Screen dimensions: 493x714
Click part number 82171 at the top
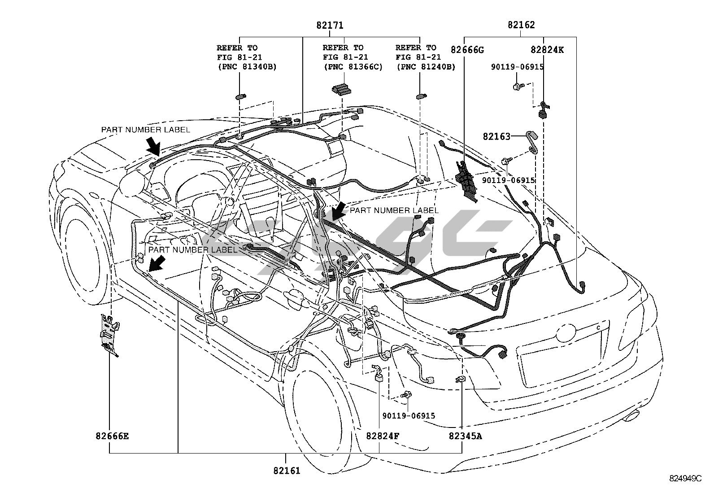click(330, 25)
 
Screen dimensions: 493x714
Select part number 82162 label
click(521, 25)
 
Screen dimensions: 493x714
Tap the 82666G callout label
click(467, 50)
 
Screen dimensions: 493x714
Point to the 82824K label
click(547, 50)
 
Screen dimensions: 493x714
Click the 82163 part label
click(496, 136)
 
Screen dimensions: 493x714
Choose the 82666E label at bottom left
click(112, 436)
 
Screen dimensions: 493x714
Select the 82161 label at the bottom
click(286, 471)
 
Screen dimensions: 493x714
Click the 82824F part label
click(383, 436)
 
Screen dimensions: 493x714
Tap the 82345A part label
click(466, 436)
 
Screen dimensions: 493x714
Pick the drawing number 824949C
click(685, 478)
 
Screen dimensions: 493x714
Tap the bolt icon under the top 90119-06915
click(518, 86)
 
